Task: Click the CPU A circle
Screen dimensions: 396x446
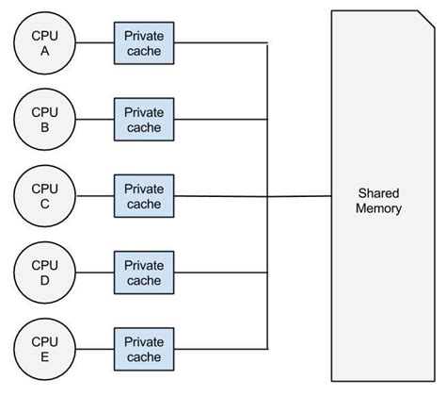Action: pos(43,43)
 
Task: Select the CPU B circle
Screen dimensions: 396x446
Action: pos(43,119)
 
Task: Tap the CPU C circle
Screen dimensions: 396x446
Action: pos(43,195)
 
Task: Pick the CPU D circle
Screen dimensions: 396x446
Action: pos(43,272)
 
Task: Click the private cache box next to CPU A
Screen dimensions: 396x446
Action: pos(144,43)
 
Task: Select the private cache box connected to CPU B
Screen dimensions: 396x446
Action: pos(144,120)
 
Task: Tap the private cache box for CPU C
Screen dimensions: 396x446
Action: pos(144,196)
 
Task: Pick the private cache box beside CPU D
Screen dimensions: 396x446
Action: pos(144,272)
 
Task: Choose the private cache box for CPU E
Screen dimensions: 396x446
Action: pos(144,348)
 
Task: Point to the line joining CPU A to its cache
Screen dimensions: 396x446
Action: pos(94,43)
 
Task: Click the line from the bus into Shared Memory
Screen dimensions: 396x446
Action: pos(299,197)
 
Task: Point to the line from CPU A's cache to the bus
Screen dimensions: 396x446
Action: pos(221,43)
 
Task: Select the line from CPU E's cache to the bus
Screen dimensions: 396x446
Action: pos(221,348)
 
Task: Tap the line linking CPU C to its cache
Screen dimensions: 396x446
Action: pos(94,195)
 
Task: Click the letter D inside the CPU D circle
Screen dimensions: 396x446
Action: pos(43,280)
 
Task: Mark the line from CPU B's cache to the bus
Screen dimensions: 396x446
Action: pos(221,120)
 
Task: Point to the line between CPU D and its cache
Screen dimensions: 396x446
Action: pos(94,272)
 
